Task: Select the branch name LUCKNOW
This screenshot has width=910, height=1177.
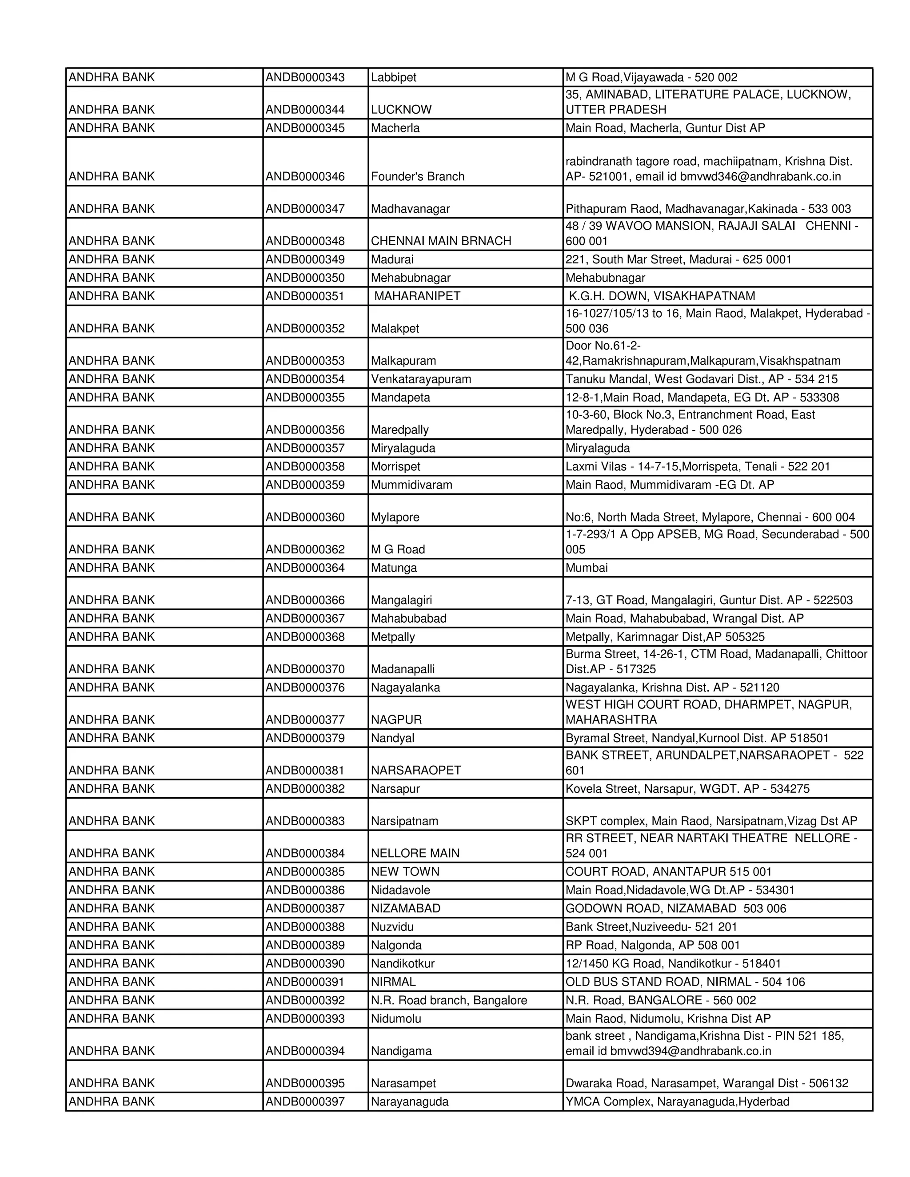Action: [401, 109]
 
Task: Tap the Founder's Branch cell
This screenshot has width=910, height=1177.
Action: [417, 176]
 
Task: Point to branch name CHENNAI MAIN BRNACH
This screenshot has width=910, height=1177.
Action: [440, 241]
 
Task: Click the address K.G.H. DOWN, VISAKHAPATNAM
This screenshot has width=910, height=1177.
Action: [662, 296]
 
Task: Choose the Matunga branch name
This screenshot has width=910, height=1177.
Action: [394, 568]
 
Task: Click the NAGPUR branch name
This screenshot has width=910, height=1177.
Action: [396, 720]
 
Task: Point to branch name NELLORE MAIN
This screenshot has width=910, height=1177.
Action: [415, 853]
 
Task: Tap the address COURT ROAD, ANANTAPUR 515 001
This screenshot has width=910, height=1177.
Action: [668, 871]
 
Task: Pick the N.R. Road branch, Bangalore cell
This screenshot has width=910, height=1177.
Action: [448, 1000]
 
